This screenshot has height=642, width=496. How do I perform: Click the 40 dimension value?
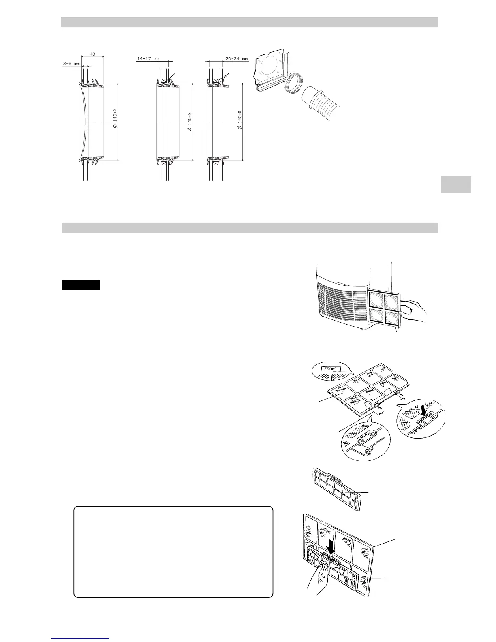coord(92,53)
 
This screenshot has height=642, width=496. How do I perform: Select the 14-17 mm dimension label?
coord(148,59)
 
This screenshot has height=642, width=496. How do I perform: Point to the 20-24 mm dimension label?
coord(236,59)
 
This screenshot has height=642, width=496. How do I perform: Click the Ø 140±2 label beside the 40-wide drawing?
coord(115,120)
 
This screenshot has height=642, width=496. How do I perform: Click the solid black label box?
coord(81,285)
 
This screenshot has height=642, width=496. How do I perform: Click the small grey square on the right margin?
coord(455,184)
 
